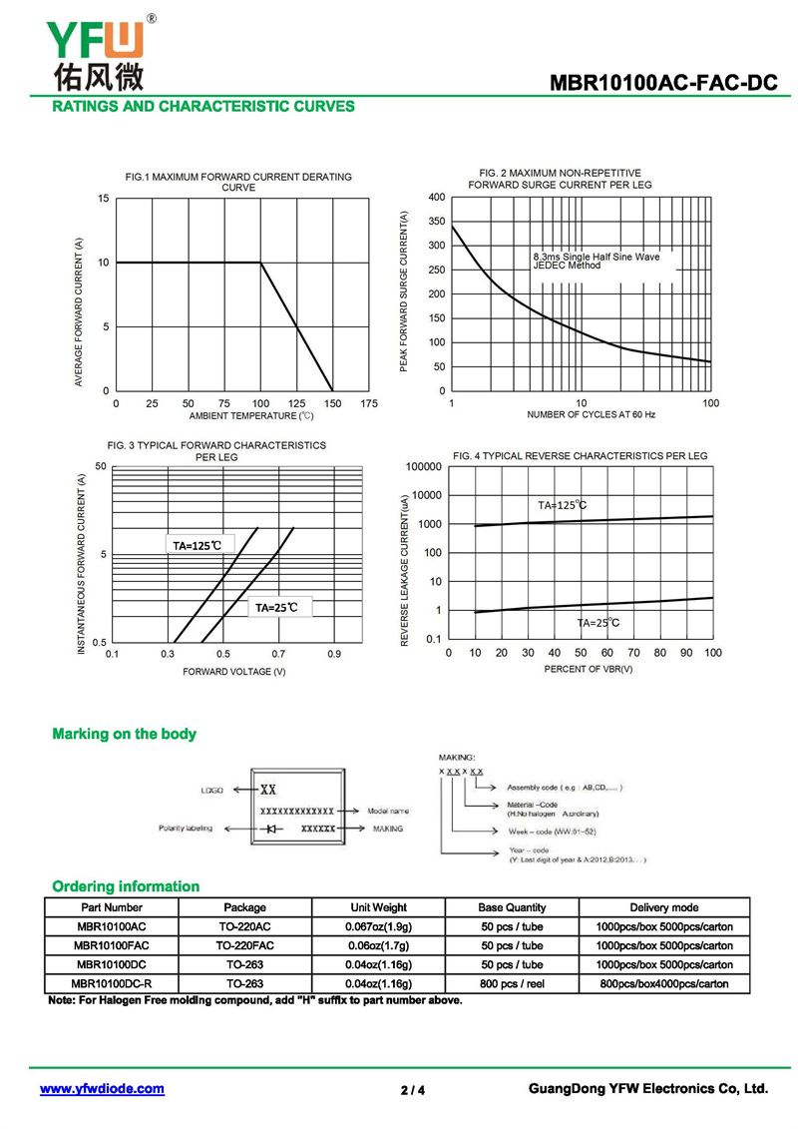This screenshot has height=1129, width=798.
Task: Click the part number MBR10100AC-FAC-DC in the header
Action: coord(663,84)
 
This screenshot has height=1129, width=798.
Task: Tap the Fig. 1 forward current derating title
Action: coord(238,182)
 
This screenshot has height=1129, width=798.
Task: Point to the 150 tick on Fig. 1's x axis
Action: coord(332,403)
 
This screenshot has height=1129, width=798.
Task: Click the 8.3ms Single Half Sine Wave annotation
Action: coord(597,257)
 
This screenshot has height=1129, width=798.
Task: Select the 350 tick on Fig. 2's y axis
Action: coord(436,246)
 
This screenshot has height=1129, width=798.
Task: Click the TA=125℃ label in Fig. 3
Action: coord(198,545)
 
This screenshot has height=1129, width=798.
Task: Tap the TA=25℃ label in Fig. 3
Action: coord(276,607)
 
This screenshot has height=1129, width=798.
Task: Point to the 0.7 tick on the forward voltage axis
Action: coord(278,654)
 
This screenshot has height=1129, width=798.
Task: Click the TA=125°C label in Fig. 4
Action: coord(563,505)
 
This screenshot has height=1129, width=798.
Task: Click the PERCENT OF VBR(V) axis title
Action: coord(589,669)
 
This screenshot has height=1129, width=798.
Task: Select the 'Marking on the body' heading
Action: coord(124,734)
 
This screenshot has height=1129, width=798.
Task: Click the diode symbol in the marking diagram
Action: coord(271,829)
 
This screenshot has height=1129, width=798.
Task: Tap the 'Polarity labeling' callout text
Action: coord(186,829)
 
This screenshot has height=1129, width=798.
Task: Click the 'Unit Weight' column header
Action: coord(379,907)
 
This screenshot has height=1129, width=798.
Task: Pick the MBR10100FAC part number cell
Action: coord(112,945)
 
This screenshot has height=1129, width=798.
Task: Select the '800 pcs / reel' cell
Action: coord(512,983)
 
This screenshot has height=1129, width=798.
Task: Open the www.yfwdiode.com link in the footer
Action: coord(102,1089)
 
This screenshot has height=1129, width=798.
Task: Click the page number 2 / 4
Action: coord(413,1090)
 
